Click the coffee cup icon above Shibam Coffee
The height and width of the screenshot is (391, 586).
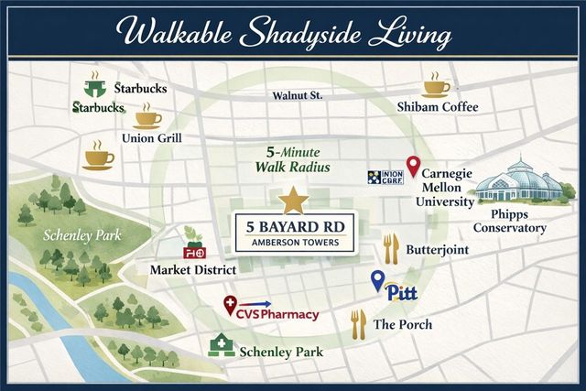[x=436, y=87]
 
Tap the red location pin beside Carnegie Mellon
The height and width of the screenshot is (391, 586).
[x=413, y=167]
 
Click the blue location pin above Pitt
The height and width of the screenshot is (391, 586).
[x=377, y=280]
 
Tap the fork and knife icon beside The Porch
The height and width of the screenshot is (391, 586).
[x=358, y=322]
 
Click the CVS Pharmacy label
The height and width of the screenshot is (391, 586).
[x=280, y=315]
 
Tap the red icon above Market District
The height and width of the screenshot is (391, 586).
[x=193, y=250]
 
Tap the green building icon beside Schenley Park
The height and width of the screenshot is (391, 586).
[x=220, y=346]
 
